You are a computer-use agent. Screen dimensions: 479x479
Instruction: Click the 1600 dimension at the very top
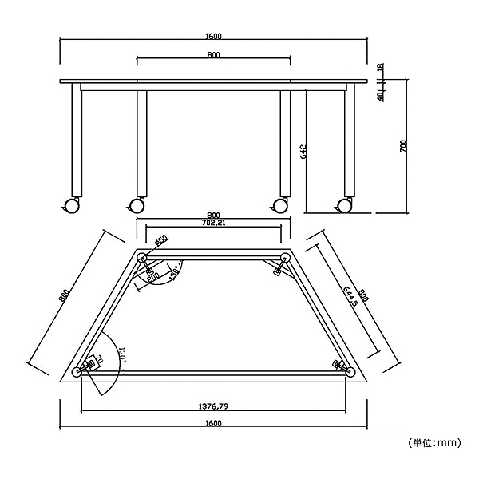point(213,36)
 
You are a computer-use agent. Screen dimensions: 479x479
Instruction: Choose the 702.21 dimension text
point(212,224)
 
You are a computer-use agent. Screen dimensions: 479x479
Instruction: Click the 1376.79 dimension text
point(213,406)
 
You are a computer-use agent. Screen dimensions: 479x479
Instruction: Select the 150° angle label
point(172,274)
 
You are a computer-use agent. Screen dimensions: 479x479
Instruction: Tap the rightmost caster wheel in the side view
point(345,205)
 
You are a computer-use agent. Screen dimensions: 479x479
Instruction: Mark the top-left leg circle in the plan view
point(142,256)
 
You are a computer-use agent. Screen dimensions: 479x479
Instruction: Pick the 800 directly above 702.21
point(213,215)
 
